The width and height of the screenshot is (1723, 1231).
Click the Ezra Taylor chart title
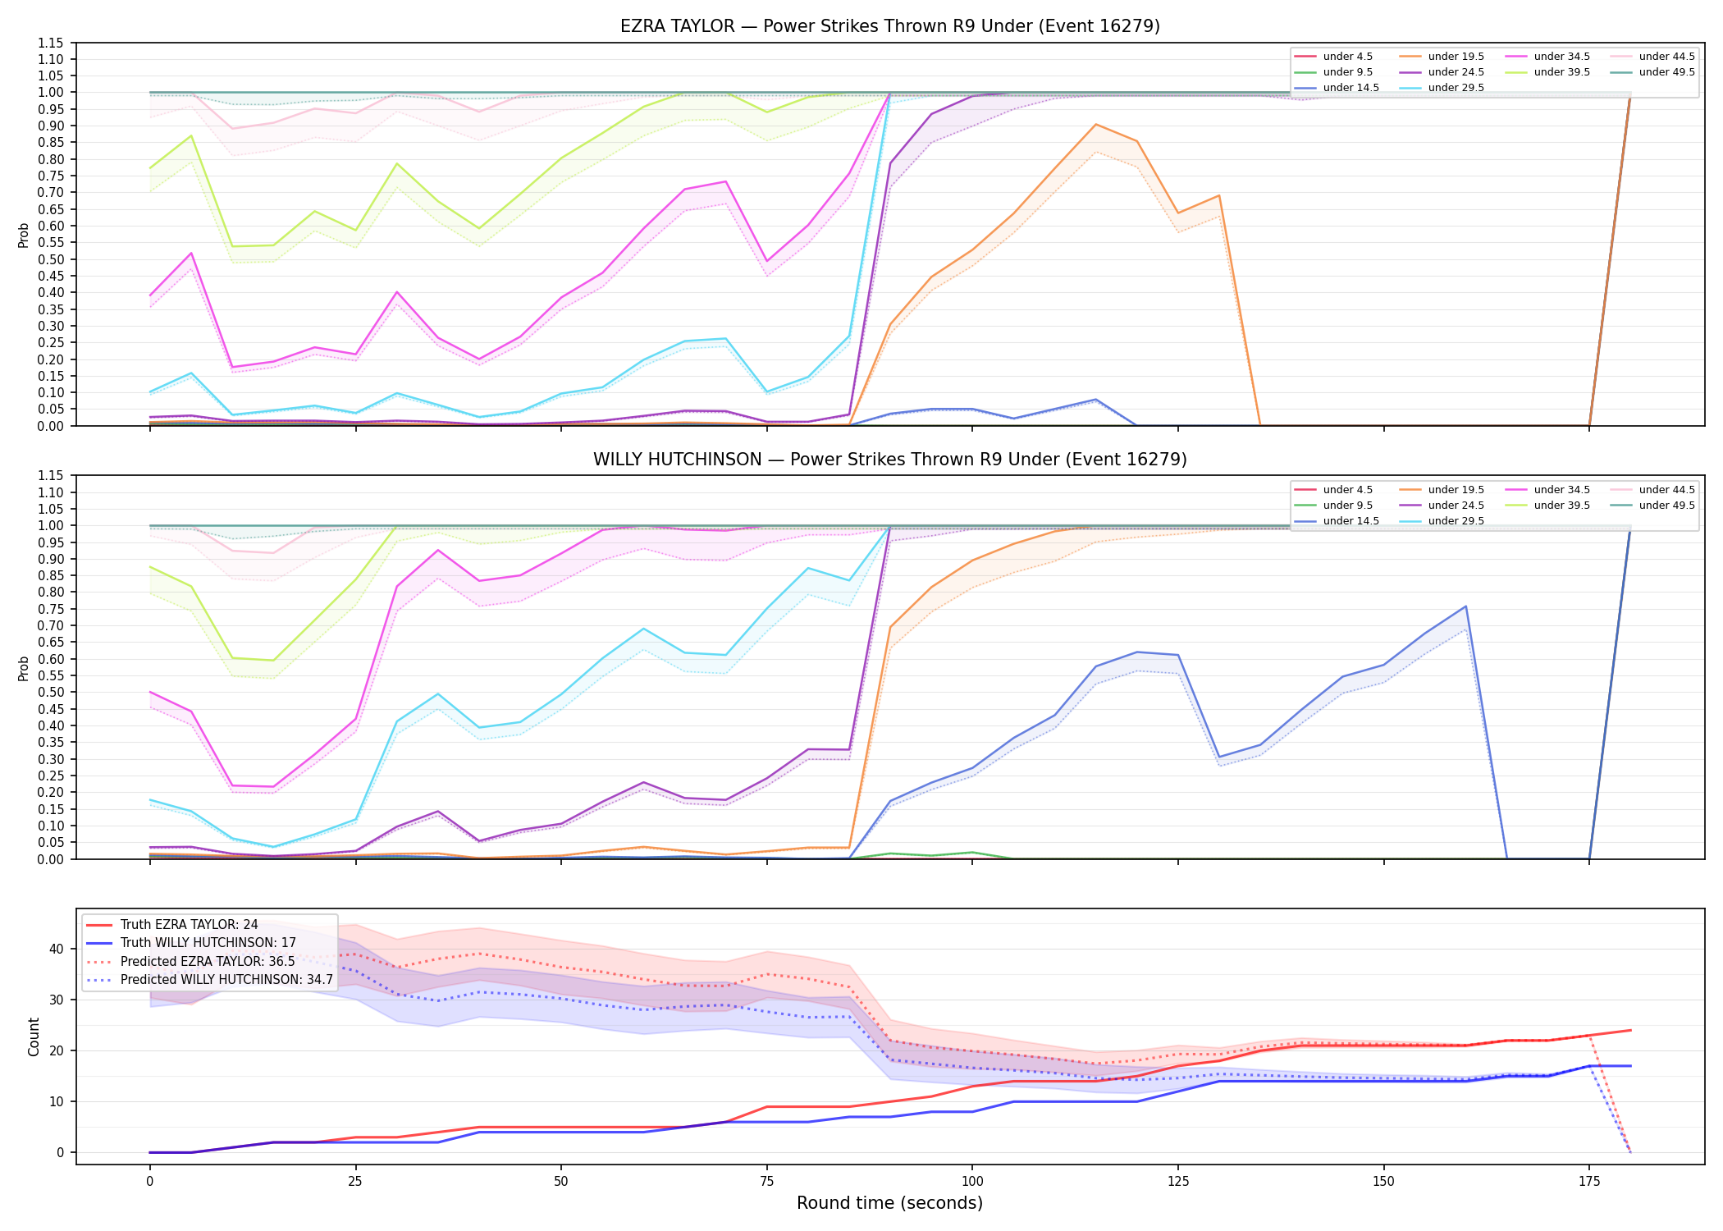(x=889, y=26)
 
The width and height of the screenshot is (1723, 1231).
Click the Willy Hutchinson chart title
(x=889, y=460)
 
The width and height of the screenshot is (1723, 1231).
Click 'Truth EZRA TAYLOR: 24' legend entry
(x=189, y=925)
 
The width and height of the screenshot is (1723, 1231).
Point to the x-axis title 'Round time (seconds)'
(x=889, y=1203)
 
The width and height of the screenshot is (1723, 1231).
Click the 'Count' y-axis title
(x=34, y=1037)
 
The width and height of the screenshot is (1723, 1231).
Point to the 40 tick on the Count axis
(x=56, y=949)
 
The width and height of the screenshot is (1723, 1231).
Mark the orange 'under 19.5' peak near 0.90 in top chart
(x=1095, y=125)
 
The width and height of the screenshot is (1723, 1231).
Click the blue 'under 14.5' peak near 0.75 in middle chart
(x=1465, y=606)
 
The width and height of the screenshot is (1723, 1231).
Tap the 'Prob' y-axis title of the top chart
(x=24, y=235)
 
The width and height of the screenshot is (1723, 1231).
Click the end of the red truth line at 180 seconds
(x=1630, y=1030)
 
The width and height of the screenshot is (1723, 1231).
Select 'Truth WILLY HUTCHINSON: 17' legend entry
(x=208, y=943)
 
